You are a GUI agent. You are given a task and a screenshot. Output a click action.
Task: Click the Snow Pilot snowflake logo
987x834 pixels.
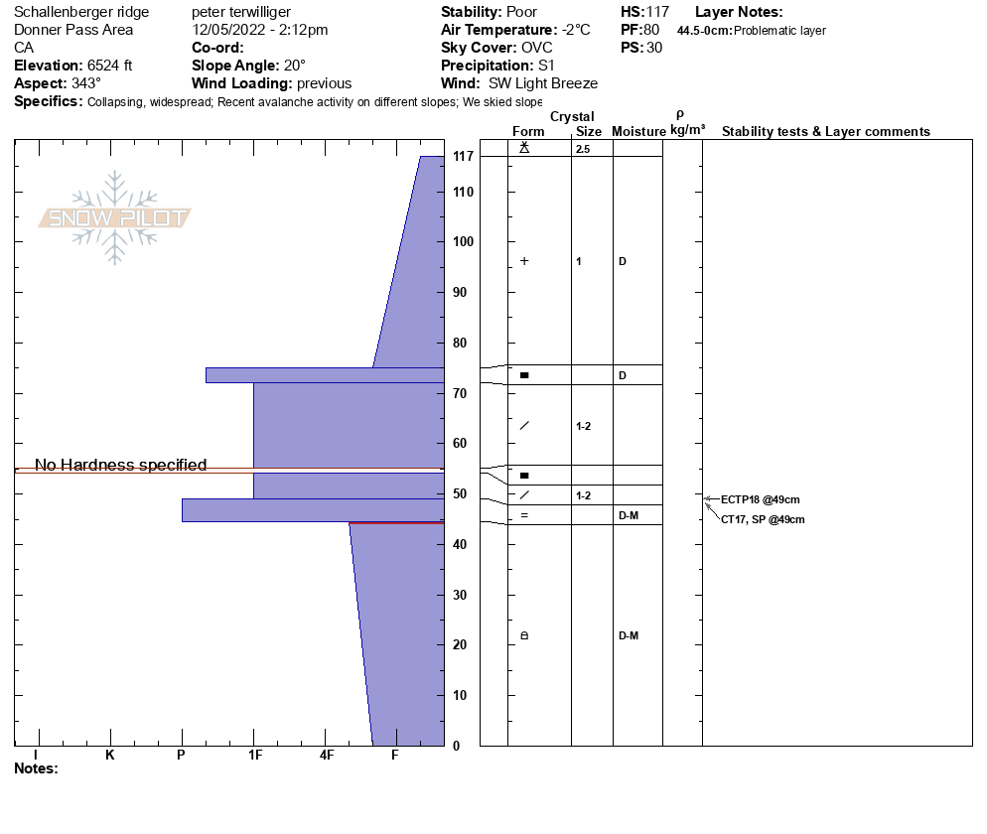click(x=114, y=217)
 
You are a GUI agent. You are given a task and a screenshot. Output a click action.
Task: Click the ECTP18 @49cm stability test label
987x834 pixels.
click(x=761, y=499)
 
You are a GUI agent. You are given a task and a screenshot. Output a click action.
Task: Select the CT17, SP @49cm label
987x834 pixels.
click(x=763, y=520)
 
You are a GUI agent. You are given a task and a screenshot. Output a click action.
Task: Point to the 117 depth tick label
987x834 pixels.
click(x=463, y=156)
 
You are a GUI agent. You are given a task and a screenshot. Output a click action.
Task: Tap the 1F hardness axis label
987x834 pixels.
click(x=255, y=756)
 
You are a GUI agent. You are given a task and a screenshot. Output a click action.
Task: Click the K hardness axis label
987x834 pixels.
click(x=109, y=756)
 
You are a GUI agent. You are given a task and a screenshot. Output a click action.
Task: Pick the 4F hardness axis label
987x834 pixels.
click(x=326, y=756)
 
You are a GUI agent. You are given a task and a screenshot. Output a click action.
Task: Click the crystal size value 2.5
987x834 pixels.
click(x=583, y=149)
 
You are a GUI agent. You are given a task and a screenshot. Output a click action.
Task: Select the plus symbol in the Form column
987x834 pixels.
click(x=524, y=261)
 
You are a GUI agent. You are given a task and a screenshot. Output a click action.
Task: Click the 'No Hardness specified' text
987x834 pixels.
click(x=121, y=465)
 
